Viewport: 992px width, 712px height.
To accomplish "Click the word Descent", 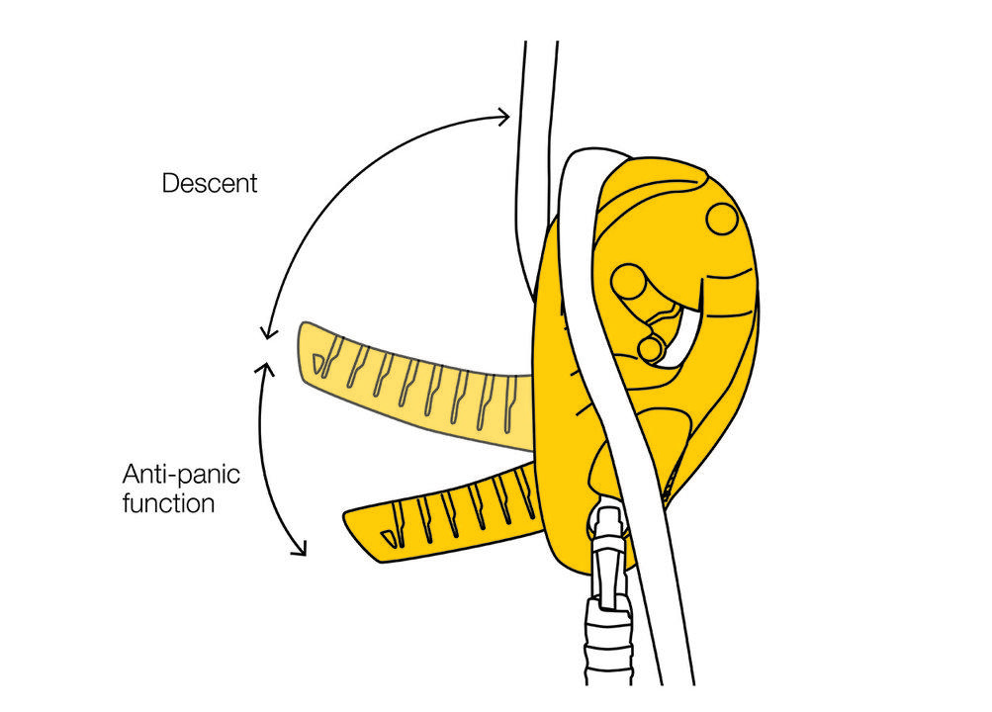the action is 210,183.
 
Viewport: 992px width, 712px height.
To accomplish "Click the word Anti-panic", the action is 182,474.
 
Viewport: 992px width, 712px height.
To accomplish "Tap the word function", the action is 168,503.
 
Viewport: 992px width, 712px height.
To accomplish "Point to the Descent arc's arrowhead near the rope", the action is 503,117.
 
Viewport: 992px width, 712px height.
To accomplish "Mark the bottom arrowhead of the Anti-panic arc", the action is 300,549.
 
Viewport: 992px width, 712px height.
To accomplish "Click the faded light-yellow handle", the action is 414,386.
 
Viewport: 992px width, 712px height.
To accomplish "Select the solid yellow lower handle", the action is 443,512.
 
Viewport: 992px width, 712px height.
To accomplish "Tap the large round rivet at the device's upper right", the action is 722,219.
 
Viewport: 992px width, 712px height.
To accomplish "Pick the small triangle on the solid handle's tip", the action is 390,538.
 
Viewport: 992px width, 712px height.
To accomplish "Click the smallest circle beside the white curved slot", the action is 650,349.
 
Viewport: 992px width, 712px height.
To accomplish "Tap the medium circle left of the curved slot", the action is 629,282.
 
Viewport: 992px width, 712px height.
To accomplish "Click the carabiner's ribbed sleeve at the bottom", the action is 608,645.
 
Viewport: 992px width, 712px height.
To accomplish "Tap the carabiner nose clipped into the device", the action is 608,531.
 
